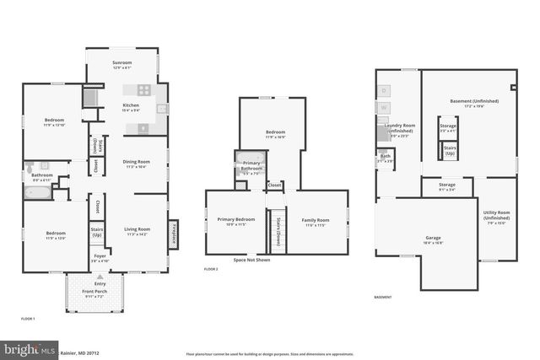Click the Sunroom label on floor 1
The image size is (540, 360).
pos(121,64)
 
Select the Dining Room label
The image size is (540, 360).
pos(137,163)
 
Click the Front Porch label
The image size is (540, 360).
pos(94,294)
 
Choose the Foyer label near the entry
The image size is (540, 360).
pos(100,256)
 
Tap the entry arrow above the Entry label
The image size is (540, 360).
pos(100,276)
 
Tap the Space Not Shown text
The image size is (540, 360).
pos(251,260)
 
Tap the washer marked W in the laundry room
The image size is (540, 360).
pos(385,108)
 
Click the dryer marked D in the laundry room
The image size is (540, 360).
pos(385,89)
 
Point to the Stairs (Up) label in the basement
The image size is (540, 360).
pos(450,150)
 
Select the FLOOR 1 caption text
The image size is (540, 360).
pos(28,319)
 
